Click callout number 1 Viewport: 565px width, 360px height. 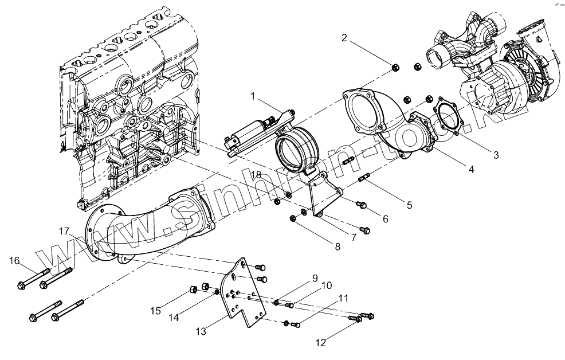pos(252,96)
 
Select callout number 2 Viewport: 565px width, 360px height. pos(344,38)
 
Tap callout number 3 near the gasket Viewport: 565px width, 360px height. pos(496,155)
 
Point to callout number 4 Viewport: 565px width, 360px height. pos(470,169)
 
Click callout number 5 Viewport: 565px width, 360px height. pos(409,204)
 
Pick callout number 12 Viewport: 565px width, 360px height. pos(321,343)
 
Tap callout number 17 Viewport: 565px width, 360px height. pos(64,231)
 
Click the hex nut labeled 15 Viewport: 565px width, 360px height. pos(193,288)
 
